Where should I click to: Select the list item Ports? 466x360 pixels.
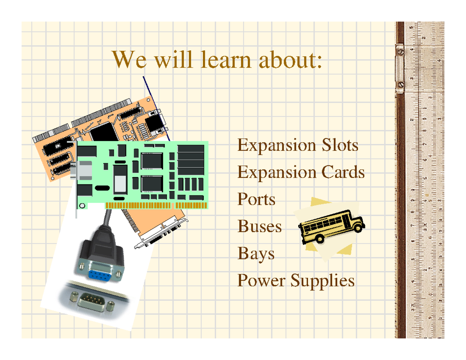(x=256, y=200)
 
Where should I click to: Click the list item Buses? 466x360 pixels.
(x=259, y=226)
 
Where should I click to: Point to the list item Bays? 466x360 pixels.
(x=256, y=254)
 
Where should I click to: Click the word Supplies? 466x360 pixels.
(x=323, y=281)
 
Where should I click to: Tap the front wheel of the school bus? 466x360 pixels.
(x=320, y=238)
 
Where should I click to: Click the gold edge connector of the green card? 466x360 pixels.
(x=155, y=205)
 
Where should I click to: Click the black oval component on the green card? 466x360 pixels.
(x=102, y=188)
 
